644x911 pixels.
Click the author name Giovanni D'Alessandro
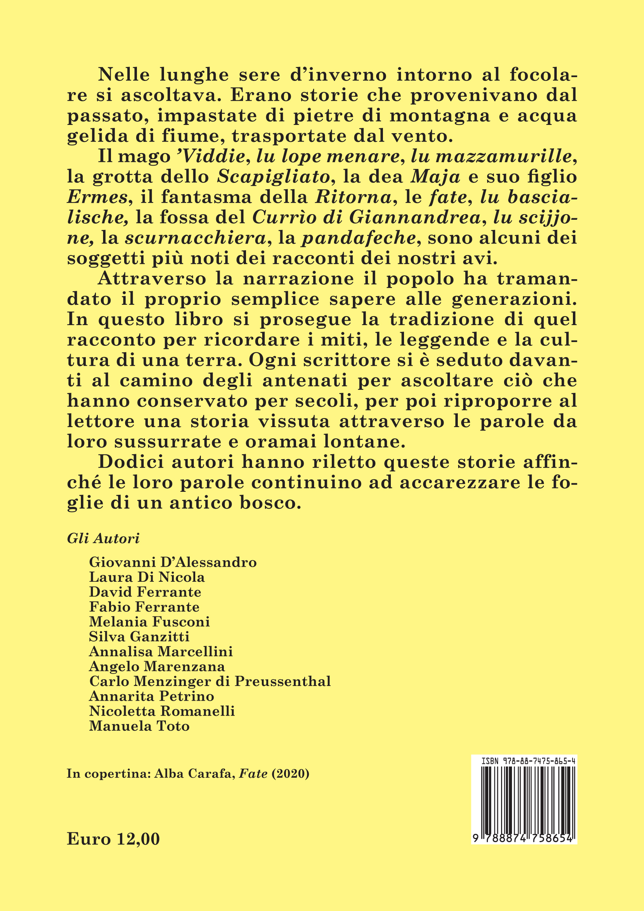click(173, 562)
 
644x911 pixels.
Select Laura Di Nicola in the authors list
click(147, 577)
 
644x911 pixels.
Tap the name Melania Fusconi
click(149, 621)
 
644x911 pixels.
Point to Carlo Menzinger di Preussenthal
click(210, 681)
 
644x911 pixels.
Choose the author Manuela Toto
click(139, 726)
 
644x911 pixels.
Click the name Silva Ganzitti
click(139, 636)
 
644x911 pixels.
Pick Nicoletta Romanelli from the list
click(162, 711)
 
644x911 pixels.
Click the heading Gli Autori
click(103, 538)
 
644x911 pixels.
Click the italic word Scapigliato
click(273, 176)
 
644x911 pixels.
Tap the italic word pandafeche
click(358, 238)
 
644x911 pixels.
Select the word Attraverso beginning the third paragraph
click(152, 278)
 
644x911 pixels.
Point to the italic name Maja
click(435, 176)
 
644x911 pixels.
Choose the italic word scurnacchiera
click(195, 238)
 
